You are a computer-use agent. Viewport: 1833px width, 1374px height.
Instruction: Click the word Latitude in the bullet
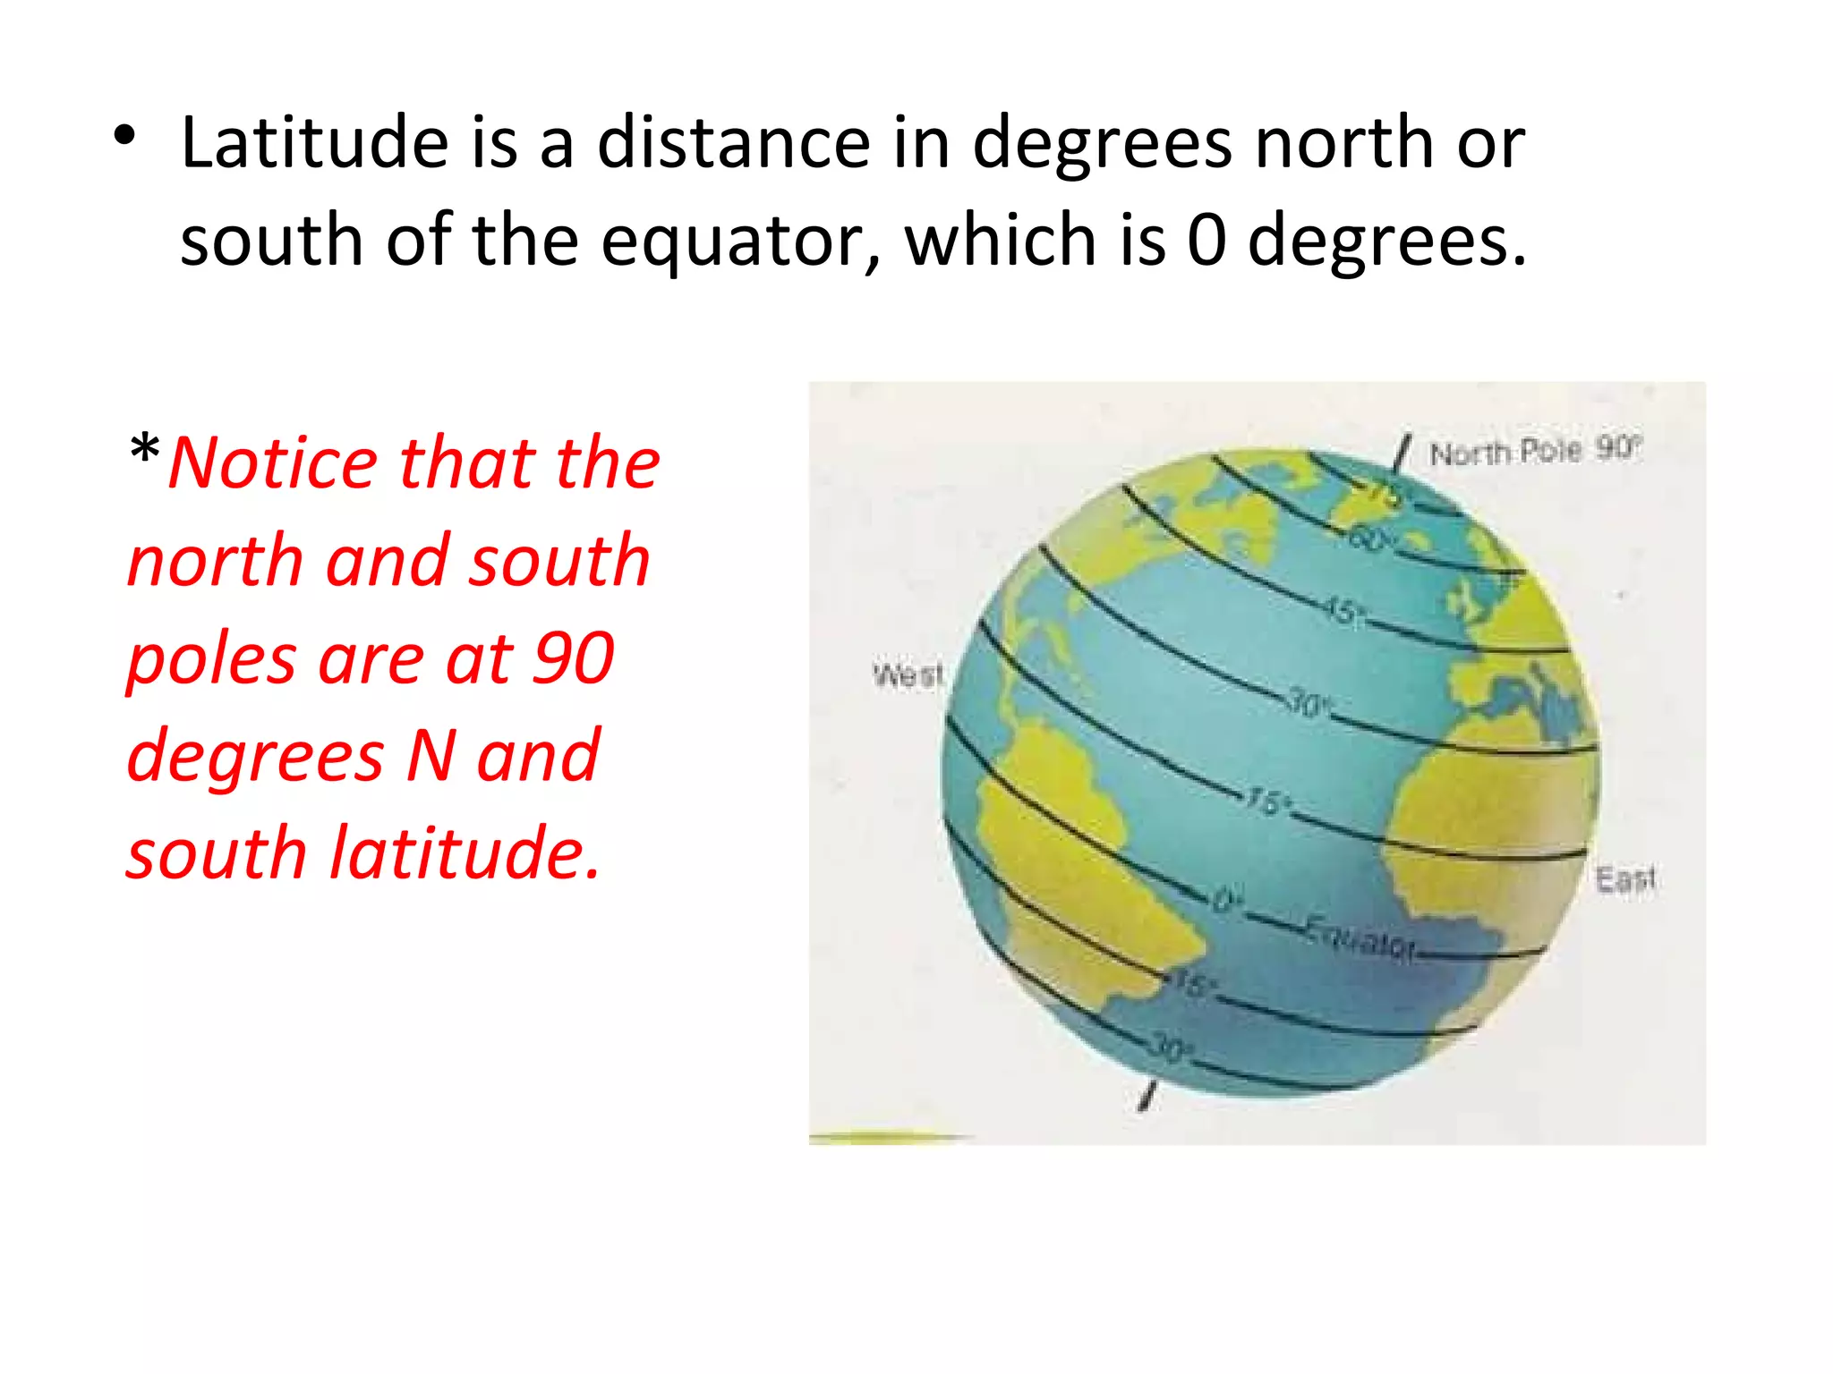pyautogui.click(x=314, y=142)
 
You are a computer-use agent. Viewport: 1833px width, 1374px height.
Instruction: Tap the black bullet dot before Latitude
pyautogui.click(x=125, y=137)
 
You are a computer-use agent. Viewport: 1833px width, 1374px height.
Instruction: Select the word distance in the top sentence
pyautogui.click(x=733, y=142)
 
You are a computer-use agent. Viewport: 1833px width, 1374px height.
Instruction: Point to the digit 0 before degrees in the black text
pyautogui.click(x=1206, y=240)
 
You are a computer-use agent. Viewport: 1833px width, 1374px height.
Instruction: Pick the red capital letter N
pyautogui.click(x=431, y=755)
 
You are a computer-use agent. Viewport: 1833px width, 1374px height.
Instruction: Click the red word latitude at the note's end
pyautogui.click(x=465, y=852)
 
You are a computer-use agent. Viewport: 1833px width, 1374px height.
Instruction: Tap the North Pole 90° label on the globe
pyautogui.click(x=1534, y=450)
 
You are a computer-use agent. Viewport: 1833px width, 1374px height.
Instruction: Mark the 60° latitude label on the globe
pyautogui.click(x=1369, y=540)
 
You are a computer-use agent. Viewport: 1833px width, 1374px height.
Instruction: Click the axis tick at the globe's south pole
pyautogui.click(x=1147, y=1097)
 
